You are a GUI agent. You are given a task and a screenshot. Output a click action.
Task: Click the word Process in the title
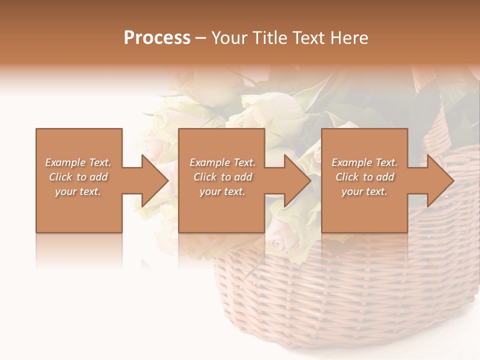pos(157,38)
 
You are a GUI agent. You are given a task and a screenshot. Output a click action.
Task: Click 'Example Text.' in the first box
pos(78,162)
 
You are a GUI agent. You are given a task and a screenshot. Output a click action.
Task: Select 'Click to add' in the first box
pos(78,177)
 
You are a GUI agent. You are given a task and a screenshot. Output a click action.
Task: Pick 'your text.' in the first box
pos(78,191)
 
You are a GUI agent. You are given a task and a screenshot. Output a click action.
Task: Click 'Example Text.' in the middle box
pos(222,162)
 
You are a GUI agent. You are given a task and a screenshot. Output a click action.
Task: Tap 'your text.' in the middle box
pos(222,191)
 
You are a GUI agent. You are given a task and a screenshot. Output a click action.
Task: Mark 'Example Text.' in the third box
pos(364,162)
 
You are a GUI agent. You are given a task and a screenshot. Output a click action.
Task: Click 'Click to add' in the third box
pos(365,177)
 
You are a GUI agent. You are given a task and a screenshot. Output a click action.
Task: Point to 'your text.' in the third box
pos(364,191)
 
